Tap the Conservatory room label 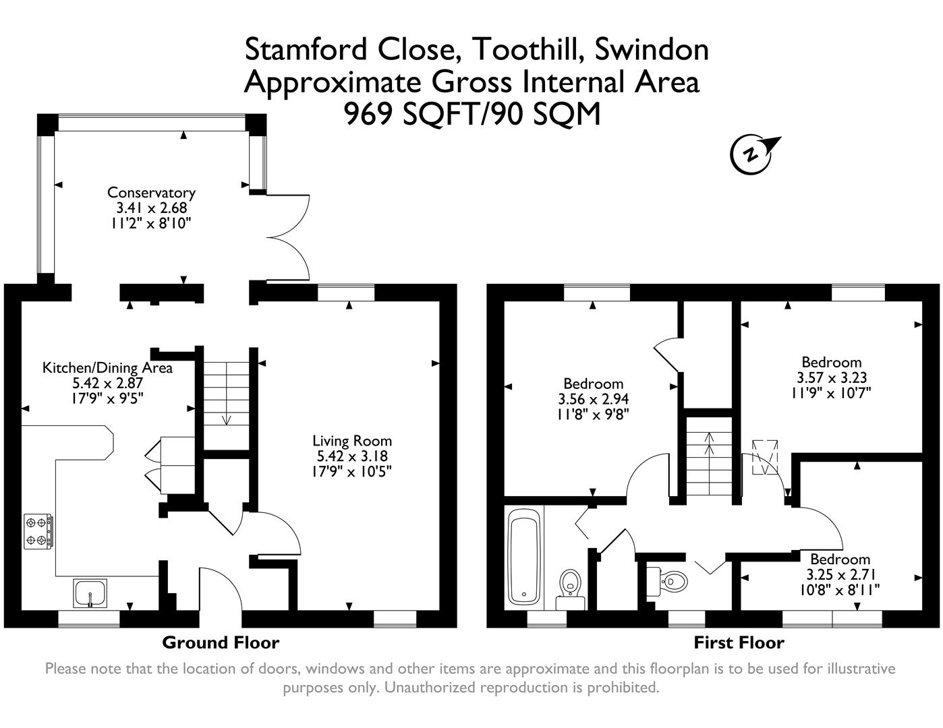(151, 193)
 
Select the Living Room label (351, 441)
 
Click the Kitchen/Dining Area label (107, 368)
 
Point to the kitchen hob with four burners (39, 531)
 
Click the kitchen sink (90, 594)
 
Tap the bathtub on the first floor (524, 557)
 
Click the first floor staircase (709, 458)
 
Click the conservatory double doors (287, 237)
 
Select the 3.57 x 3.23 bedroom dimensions (832, 378)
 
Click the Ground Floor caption (221, 642)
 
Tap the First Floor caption (739, 642)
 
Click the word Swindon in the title (651, 49)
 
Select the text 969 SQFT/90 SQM (472, 114)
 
